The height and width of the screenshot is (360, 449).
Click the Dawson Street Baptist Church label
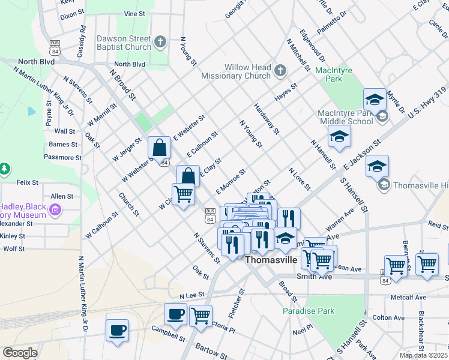coord(124,43)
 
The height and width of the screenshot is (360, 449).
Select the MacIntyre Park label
coord(333,75)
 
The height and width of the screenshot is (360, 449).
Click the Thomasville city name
coord(271,260)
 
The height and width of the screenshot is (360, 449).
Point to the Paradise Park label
coord(309,311)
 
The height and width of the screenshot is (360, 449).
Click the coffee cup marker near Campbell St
coord(117,330)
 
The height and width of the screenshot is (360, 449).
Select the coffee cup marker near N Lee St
coord(176,314)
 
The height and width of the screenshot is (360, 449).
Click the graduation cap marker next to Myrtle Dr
coord(375,100)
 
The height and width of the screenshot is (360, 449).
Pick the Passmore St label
coord(63,157)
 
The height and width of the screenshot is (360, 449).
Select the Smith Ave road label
coord(314,277)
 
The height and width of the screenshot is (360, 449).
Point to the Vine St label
coord(134,13)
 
